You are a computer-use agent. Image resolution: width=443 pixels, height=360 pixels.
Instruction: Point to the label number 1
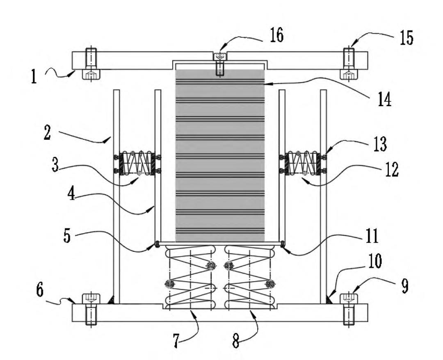click(x=34, y=77)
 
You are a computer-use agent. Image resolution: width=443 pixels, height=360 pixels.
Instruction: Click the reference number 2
click(x=47, y=133)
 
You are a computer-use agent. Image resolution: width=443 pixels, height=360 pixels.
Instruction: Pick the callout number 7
click(x=176, y=340)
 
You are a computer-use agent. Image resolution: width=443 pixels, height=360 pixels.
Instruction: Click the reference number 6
click(x=40, y=290)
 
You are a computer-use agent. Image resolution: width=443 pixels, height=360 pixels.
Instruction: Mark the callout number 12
click(x=392, y=170)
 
